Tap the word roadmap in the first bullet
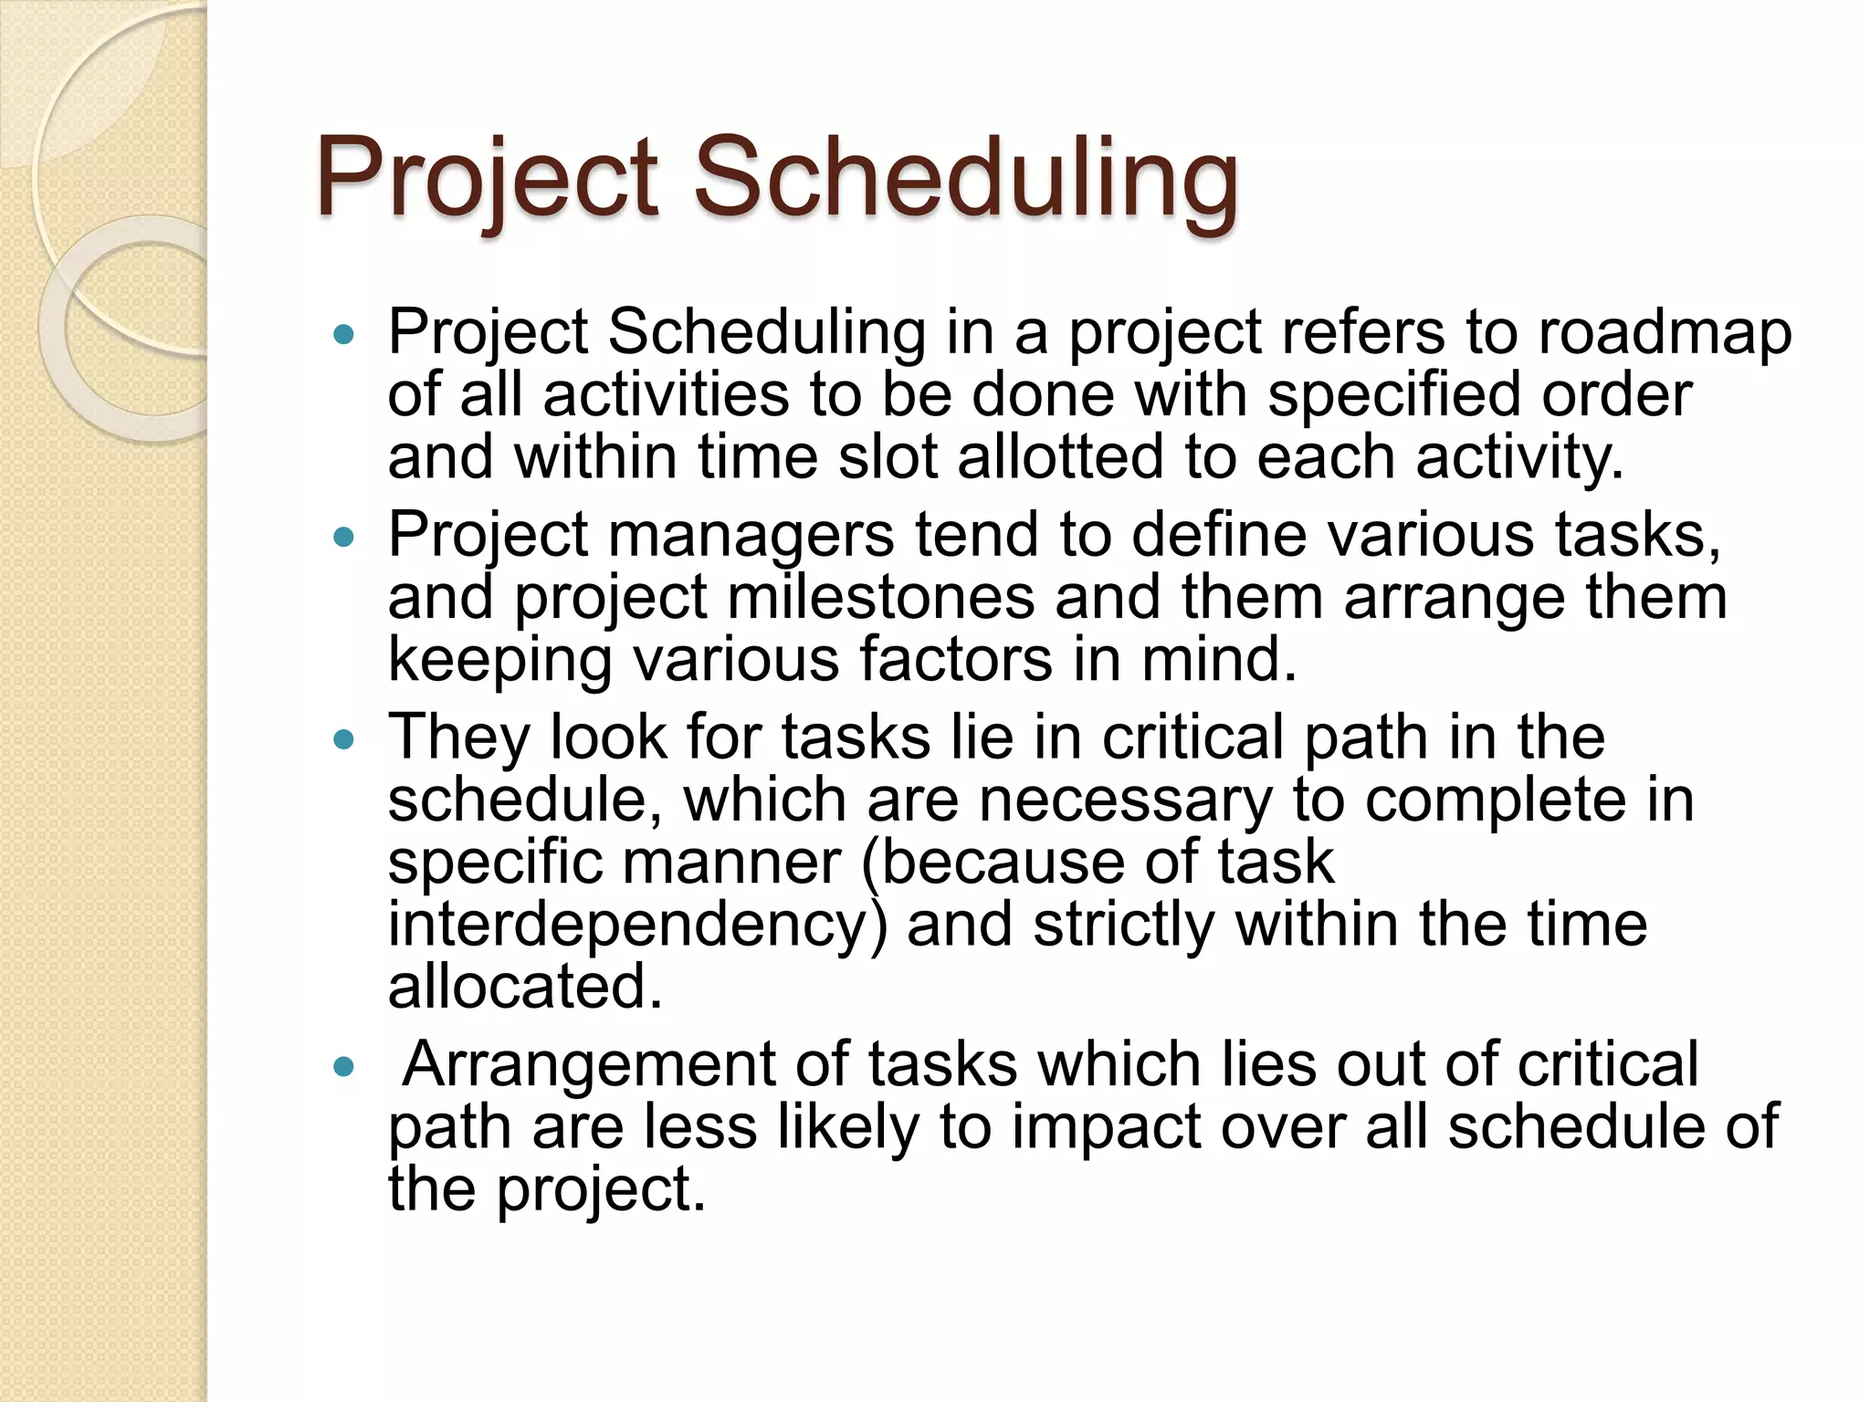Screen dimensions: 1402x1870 pyautogui.click(x=1665, y=332)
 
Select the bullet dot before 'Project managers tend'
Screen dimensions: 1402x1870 pyautogui.click(x=343, y=537)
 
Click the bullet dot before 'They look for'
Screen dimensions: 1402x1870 pyautogui.click(x=343, y=739)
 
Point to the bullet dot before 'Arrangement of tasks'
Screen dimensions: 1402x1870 pyautogui.click(x=343, y=1066)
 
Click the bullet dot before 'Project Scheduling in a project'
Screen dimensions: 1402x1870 pyautogui.click(x=343, y=335)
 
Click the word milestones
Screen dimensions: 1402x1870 pyautogui.click(x=881, y=597)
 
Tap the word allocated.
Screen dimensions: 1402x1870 pyautogui.click(x=525, y=987)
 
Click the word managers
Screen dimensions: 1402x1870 pyautogui.click(x=751, y=537)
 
